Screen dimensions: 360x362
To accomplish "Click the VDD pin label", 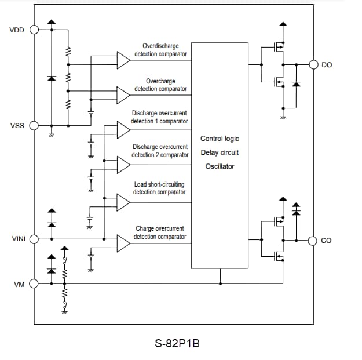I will (17, 30).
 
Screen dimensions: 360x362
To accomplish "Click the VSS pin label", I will (17, 125).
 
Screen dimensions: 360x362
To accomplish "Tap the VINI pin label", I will (17, 239).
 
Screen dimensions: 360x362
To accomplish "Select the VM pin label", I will (19, 285).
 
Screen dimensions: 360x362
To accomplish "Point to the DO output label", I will (327, 65).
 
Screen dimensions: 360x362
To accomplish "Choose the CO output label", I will (326, 240).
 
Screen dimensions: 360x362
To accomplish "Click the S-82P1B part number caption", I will (177, 343).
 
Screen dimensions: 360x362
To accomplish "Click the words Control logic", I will (220, 139).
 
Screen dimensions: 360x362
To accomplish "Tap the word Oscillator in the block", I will (220, 166).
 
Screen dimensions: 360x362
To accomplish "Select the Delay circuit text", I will (220, 152).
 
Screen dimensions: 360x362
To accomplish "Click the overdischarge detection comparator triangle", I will (123, 59).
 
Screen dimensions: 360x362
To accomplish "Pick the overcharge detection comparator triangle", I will (123, 94).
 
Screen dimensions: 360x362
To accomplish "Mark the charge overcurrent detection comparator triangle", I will (123, 243).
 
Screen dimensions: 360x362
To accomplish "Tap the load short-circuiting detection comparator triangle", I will (123, 202).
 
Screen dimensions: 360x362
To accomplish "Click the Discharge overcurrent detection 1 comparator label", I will (159, 117).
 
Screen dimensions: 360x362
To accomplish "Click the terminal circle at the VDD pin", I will (34, 30).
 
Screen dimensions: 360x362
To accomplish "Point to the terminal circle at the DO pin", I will (314, 64).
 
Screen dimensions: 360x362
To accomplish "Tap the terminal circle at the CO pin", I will (314, 239).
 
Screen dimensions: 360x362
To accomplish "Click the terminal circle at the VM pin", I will (34, 284).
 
